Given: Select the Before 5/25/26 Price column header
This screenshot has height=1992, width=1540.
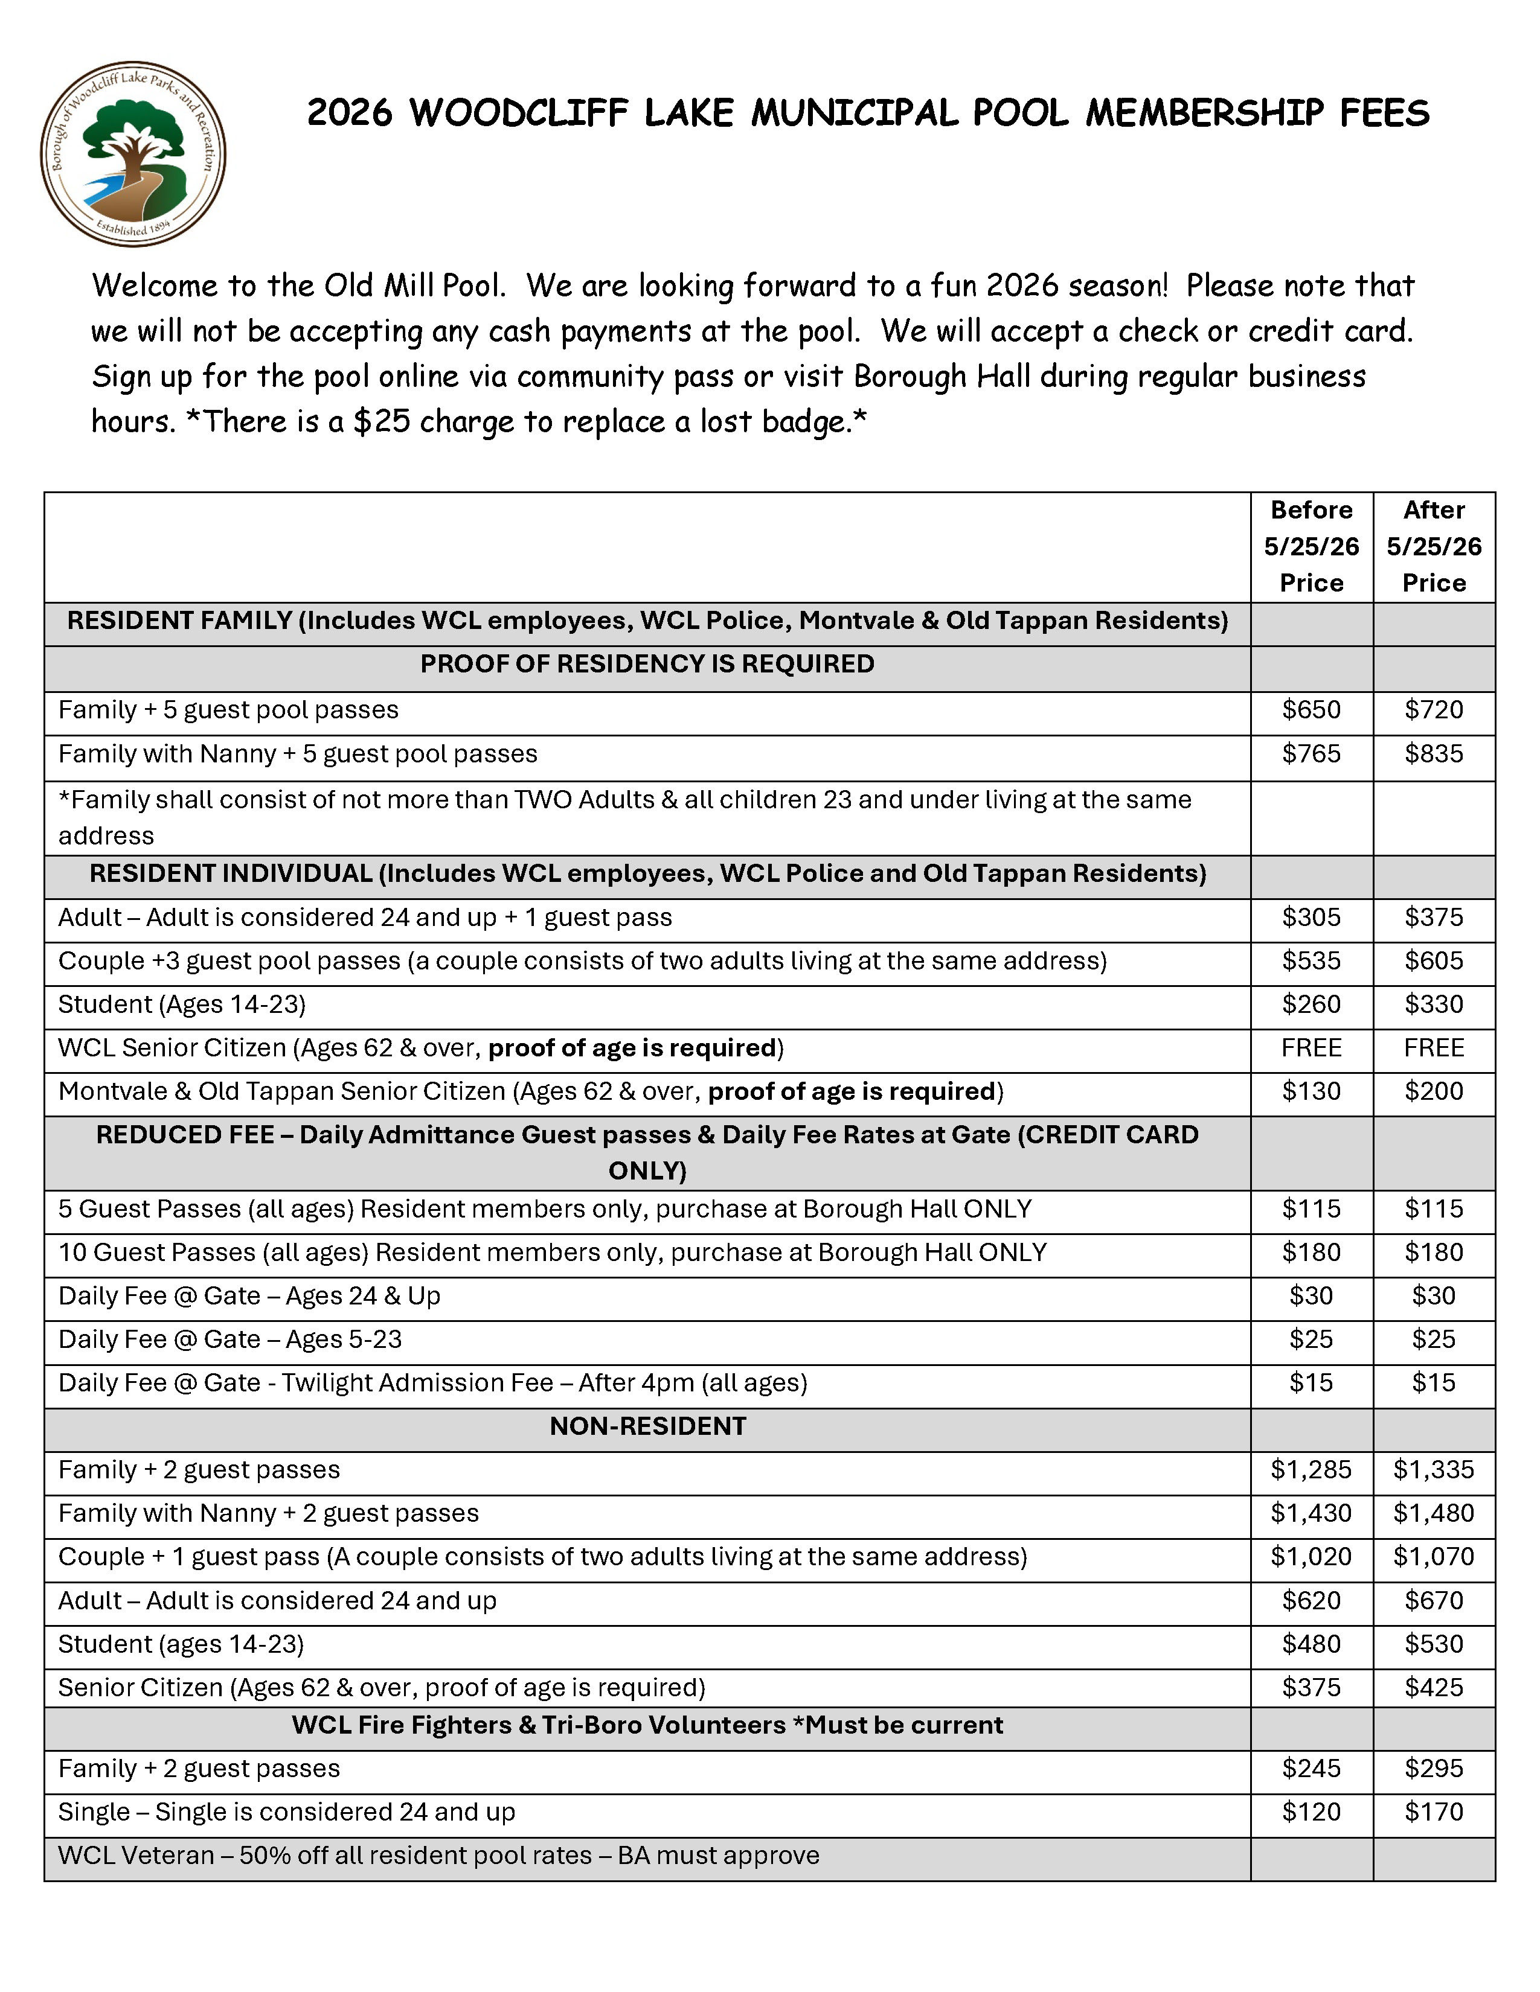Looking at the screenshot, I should (1311, 546).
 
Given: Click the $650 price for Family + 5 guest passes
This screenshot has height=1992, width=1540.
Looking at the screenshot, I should (1311, 710).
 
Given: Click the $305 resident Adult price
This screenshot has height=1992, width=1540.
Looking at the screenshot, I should (1311, 918).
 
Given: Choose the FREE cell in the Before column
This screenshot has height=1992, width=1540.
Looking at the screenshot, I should (1311, 1048).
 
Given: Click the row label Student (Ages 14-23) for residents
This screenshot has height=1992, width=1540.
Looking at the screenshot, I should (182, 1005).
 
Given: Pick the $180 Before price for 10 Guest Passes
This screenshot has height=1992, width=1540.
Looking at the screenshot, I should (1311, 1253).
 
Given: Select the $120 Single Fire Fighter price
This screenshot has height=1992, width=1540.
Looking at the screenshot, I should (1311, 1812).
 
